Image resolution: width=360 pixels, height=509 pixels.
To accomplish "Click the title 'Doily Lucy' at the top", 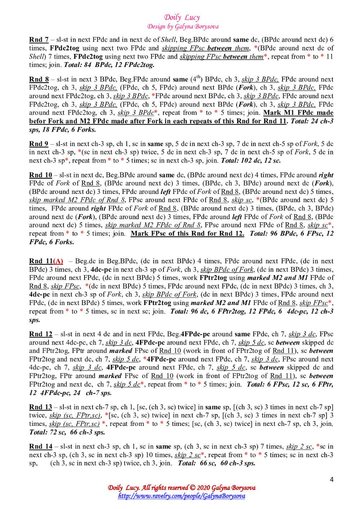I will pyautogui.click(x=182, y=17).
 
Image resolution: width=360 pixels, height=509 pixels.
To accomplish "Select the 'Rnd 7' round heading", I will pyautogui.click(x=39, y=40).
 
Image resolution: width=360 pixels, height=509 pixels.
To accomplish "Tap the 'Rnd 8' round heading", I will pyautogui.click(x=39, y=79).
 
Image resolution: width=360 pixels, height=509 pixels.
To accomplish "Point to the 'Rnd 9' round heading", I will pyautogui.click(x=39, y=144).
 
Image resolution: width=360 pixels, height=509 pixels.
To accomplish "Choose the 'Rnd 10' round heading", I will pyautogui.click(x=41, y=175).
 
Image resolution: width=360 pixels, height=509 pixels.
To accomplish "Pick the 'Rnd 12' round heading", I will pyautogui.click(x=41, y=334).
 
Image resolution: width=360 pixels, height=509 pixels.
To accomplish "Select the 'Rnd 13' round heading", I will pyautogui.click(x=41, y=407).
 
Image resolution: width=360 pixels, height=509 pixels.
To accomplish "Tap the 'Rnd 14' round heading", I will pyautogui.click(x=41, y=447).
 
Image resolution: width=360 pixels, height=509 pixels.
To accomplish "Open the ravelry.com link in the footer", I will pyautogui.click(x=182, y=496).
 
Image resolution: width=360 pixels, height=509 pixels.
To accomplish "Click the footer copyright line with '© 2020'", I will pyautogui.click(x=182, y=488).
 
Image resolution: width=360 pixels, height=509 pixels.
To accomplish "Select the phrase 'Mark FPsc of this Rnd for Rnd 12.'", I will pyautogui.click(x=187, y=233).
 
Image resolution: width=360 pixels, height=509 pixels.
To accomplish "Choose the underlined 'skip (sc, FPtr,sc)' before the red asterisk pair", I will pyautogui.click(x=75, y=424).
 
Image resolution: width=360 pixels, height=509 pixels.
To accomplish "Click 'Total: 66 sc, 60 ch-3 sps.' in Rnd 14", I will pyautogui.click(x=217, y=463).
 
